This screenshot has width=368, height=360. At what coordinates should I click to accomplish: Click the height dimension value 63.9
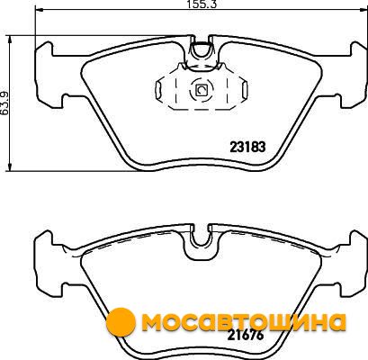pos(4,103)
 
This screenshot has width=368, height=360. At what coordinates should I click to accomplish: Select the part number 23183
pos(247,147)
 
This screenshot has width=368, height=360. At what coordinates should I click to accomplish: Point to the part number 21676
pos(246,335)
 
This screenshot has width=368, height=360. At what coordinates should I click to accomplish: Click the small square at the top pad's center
pos(201,90)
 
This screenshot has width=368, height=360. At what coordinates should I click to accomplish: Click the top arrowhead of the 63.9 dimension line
pos(10,40)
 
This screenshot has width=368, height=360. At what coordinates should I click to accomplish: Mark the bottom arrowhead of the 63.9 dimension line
pos(10,167)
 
